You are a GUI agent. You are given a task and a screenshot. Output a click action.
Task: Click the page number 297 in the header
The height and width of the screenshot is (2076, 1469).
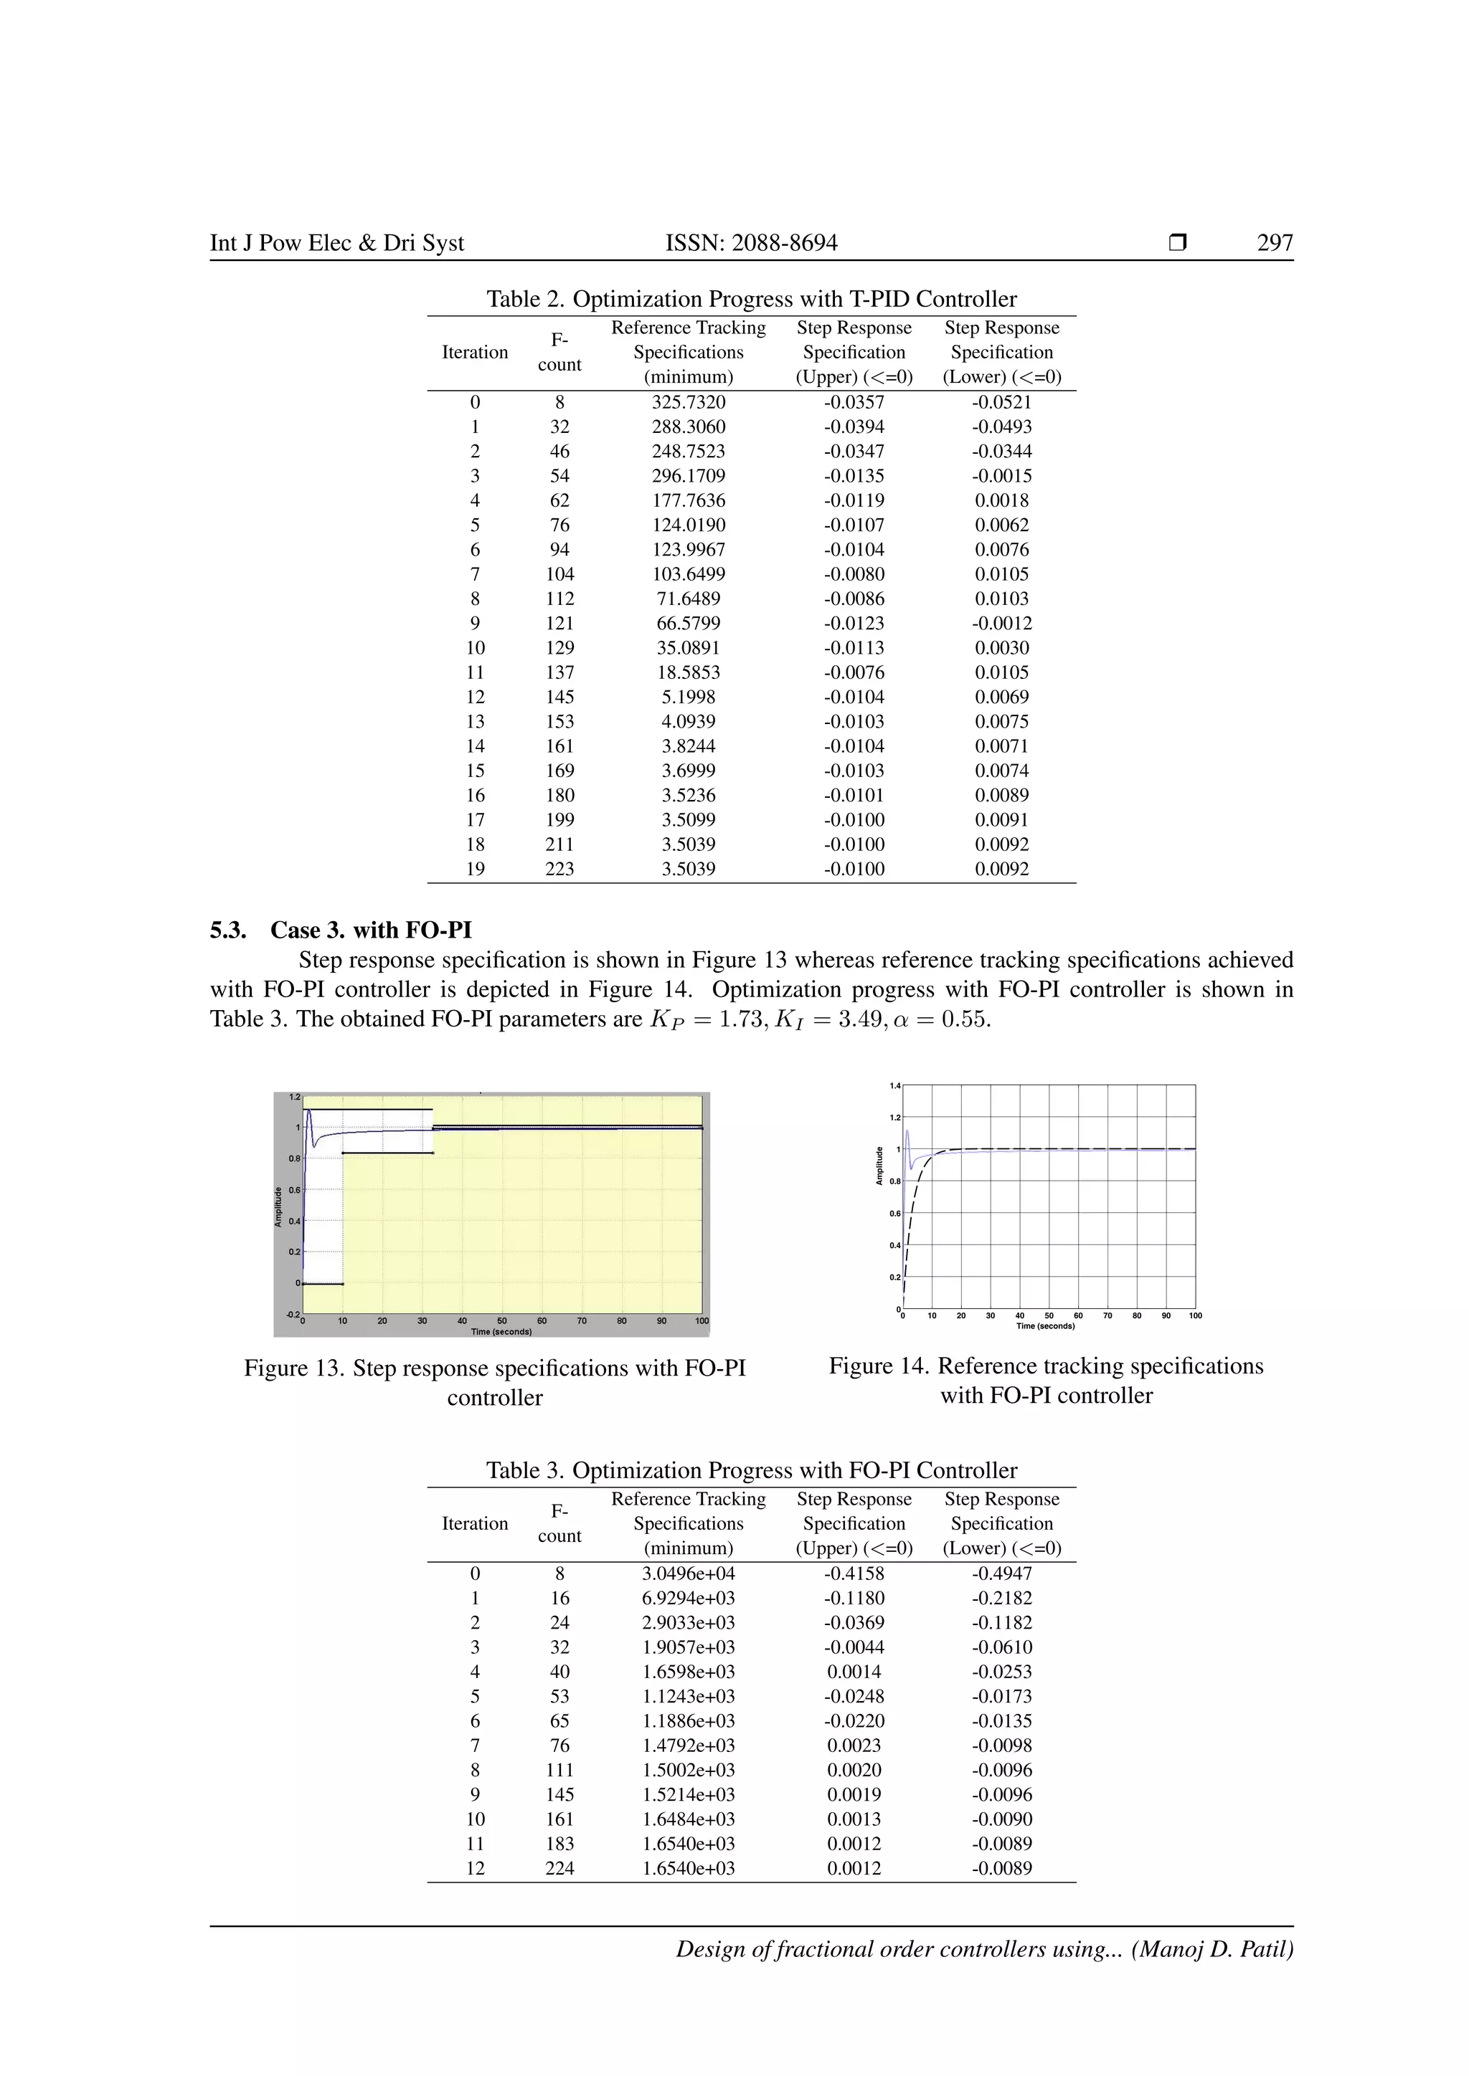coord(1275,242)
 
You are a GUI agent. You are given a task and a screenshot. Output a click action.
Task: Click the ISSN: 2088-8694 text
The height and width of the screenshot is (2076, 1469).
coord(751,242)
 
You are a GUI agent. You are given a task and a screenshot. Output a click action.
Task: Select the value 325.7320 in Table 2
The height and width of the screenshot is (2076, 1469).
coord(689,402)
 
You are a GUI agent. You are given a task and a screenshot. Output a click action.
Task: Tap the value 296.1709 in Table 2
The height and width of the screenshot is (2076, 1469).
coord(689,475)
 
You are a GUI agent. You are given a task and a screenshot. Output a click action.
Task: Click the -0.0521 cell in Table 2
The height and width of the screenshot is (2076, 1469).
coord(1001,402)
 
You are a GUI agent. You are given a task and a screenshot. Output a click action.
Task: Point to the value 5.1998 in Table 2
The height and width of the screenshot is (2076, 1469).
coord(689,697)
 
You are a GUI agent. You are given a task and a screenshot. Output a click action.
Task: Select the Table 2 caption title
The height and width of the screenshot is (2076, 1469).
coord(751,299)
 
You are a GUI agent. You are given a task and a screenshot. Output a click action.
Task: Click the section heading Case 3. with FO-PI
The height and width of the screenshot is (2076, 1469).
coord(371,930)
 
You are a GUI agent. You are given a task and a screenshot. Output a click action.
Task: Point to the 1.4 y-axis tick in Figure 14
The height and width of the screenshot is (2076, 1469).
coord(894,1086)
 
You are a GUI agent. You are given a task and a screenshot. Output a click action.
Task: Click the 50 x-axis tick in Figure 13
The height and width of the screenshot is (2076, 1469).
coord(502,1321)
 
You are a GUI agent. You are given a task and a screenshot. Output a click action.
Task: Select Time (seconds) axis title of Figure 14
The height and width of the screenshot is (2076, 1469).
coord(1046,1325)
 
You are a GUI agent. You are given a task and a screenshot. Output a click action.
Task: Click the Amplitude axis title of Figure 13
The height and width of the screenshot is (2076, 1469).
coord(278,1207)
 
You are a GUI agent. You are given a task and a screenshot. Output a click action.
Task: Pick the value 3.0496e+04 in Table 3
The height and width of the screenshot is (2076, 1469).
coord(689,1573)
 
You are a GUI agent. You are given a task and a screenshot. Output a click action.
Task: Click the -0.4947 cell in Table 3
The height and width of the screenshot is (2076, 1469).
coord(1001,1573)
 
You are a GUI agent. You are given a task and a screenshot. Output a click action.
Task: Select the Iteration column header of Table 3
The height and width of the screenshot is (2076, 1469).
coord(475,1523)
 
